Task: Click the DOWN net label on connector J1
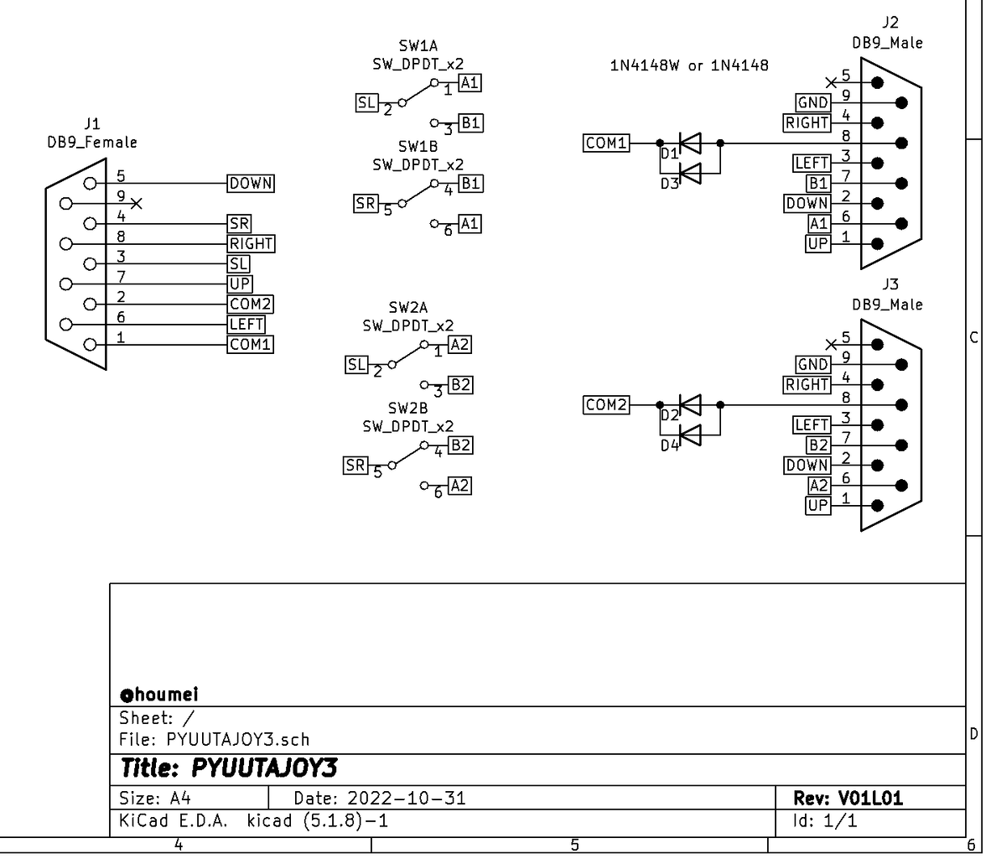coord(251,183)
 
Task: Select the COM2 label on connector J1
coord(250,304)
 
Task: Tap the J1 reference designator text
coord(91,124)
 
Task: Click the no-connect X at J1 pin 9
coord(137,203)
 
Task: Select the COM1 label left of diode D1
coord(606,143)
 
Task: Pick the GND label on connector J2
coord(813,103)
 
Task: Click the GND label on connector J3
coord(813,365)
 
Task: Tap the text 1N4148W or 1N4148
coord(689,65)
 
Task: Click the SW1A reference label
coord(418,46)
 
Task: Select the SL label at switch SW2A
coord(356,365)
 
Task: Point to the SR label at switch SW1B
coord(366,204)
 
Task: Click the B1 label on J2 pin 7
coord(817,183)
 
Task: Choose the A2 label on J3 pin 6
coord(818,485)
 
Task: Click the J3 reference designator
coord(890,285)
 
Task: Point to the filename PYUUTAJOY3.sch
coord(238,739)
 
